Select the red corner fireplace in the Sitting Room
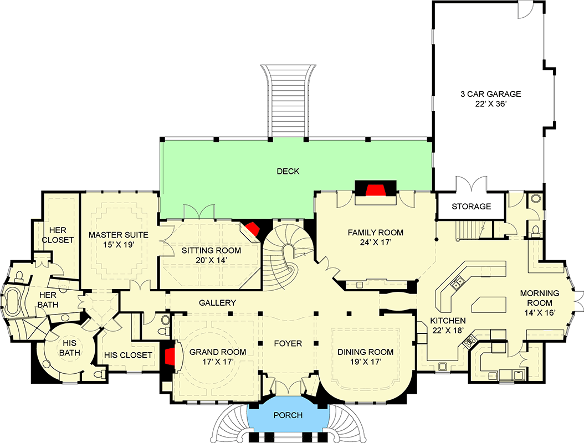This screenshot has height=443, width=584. click(x=253, y=229)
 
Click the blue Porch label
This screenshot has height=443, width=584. click(x=288, y=415)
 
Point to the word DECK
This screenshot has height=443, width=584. click(x=288, y=172)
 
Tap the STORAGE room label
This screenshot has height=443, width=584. click(x=471, y=207)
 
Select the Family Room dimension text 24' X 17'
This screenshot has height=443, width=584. click(x=375, y=242)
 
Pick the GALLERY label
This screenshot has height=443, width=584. click(x=218, y=303)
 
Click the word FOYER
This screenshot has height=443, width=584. click(x=288, y=344)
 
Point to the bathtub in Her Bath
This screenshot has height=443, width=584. click(x=14, y=302)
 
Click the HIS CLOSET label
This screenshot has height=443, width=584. click(x=128, y=355)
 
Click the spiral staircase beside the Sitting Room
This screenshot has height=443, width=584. click(x=283, y=255)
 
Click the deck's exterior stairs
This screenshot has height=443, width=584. click(x=287, y=100)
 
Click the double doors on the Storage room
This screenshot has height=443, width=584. click(x=470, y=184)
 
